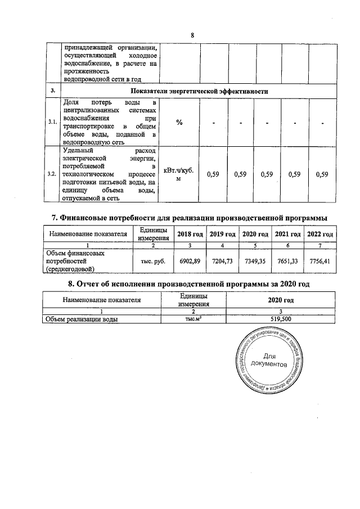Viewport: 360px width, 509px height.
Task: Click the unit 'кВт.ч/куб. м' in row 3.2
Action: [179, 174]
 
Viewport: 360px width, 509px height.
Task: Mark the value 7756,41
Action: [320, 262]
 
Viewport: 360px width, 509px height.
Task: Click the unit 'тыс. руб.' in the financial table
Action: [152, 262]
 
